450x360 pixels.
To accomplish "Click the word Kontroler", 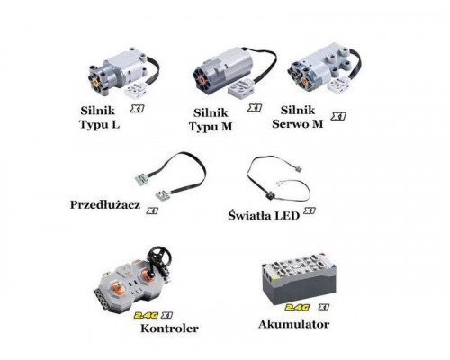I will coord(169,330).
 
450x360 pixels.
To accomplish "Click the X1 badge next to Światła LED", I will coord(308,211).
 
